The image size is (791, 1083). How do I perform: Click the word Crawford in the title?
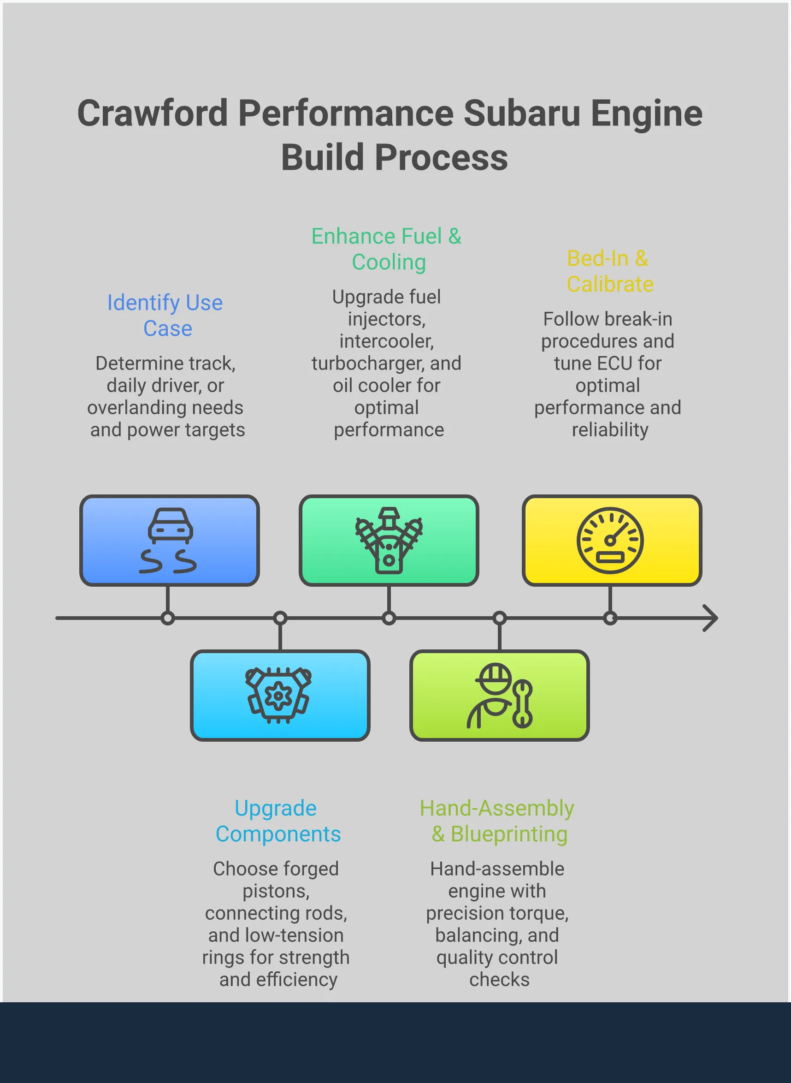(152, 113)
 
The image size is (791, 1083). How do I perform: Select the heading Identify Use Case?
(165, 315)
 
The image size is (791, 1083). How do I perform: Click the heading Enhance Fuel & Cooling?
(386, 249)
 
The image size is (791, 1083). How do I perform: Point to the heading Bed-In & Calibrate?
(609, 271)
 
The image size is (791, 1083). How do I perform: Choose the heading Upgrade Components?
(277, 821)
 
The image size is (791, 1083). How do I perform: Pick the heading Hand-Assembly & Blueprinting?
(497, 821)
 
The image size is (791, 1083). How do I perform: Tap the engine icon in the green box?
(389, 540)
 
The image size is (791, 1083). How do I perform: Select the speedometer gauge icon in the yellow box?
(609, 540)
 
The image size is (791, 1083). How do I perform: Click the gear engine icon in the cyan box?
(278, 695)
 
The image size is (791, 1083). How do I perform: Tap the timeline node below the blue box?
(168, 618)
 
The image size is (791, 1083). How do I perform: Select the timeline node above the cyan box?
(280, 618)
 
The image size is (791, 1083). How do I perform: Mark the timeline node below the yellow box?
(610, 618)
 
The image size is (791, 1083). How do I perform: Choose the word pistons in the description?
(276, 892)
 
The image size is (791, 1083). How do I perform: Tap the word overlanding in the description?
(133, 408)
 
